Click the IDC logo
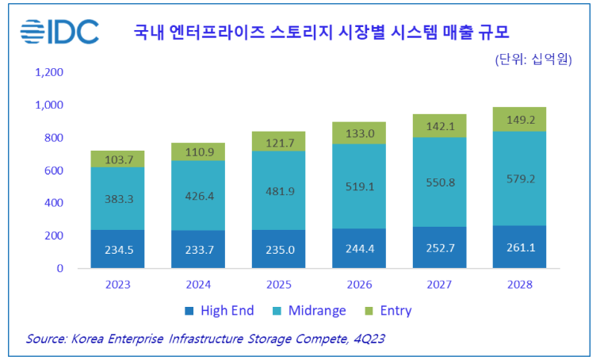click(59, 32)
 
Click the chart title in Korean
click(321, 33)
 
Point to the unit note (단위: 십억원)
click(533, 59)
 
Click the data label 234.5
click(117, 249)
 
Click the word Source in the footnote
click(45, 339)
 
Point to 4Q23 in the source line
click(367, 339)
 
